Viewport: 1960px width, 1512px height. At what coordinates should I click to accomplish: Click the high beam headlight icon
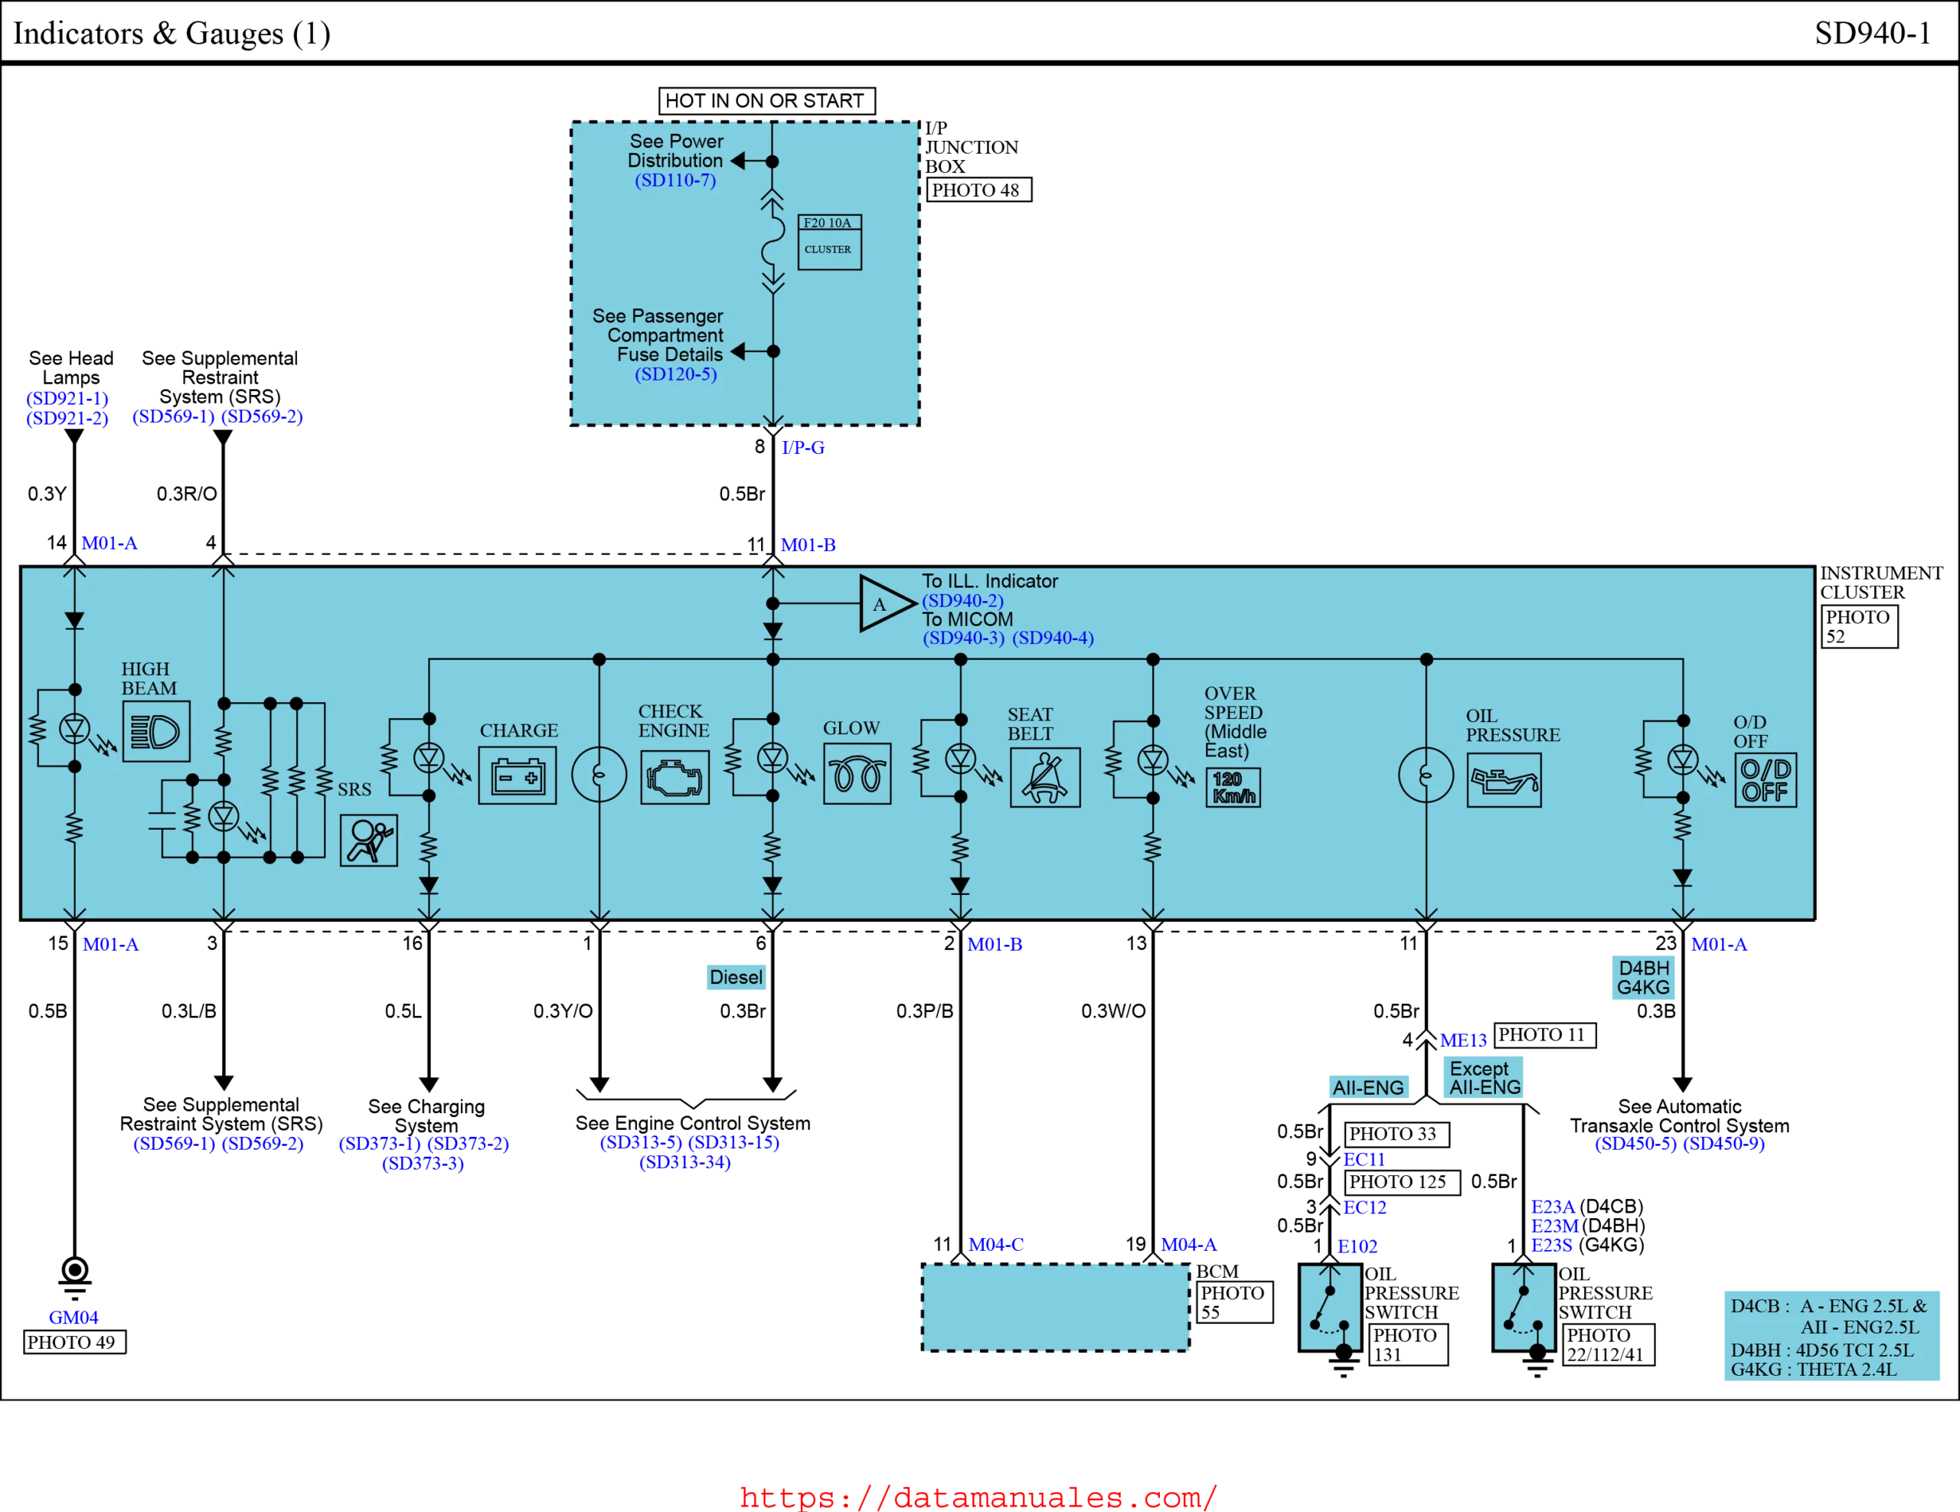(x=156, y=731)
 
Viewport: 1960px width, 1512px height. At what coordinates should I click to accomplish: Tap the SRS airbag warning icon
(x=369, y=840)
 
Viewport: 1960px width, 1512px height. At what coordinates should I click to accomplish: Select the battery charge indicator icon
(x=517, y=776)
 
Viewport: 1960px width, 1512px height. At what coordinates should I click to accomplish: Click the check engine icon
(x=675, y=777)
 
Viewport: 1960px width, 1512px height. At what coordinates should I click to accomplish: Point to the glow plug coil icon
(x=857, y=773)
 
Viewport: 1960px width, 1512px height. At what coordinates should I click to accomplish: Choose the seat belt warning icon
(x=1044, y=777)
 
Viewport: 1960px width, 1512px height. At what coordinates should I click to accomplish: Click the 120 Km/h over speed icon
(x=1233, y=787)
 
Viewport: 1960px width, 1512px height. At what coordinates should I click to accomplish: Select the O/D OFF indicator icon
(x=1766, y=780)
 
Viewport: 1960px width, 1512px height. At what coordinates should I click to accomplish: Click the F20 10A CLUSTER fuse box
(x=829, y=241)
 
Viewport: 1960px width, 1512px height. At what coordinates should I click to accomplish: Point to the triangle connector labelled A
(x=882, y=604)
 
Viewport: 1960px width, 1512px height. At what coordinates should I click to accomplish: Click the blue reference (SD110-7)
(x=675, y=181)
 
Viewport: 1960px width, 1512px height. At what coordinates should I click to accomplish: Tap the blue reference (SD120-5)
(x=676, y=374)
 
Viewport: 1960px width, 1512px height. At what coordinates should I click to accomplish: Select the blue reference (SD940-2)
(x=962, y=600)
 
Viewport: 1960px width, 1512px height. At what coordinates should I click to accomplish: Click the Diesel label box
(x=736, y=977)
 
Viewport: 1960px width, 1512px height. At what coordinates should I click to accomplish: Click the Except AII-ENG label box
(x=1481, y=1078)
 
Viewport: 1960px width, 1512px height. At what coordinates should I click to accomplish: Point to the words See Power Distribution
(x=676, y=151)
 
